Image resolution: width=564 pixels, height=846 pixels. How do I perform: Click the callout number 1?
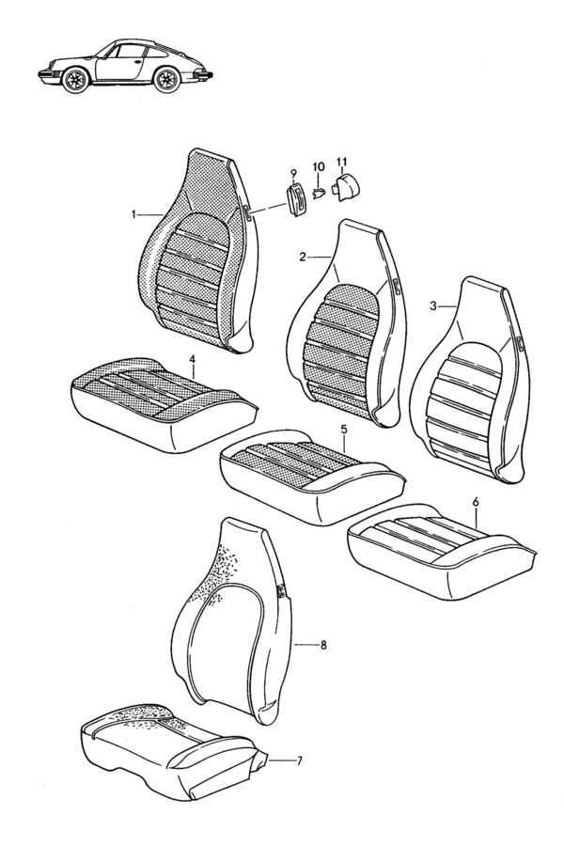(133, 215)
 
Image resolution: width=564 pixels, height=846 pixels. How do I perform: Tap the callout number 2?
(303, 258)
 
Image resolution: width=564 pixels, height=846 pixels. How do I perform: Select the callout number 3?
(432, 306)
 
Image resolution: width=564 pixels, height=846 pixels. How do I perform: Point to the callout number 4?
(194, 357)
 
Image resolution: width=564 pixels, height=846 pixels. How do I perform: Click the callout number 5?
(344, 430)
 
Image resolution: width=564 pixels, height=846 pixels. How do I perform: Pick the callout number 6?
(476, 501)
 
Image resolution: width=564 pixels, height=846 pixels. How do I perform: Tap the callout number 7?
(300, 761)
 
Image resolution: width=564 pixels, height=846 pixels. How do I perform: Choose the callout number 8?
(323, 644)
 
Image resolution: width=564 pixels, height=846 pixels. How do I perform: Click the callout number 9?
(293, 173)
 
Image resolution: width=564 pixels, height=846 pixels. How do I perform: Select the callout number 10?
(318, 166)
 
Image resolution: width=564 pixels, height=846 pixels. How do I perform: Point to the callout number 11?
(341, 161)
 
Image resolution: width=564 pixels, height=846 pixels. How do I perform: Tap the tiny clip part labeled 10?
(318, 192)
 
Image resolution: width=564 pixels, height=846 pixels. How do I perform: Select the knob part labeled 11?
(348, 187)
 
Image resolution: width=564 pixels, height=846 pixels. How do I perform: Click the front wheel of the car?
(74, 81)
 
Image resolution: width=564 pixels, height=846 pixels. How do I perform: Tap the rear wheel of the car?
(166, 80)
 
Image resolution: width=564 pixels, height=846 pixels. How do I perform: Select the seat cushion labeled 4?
(162, 403)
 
